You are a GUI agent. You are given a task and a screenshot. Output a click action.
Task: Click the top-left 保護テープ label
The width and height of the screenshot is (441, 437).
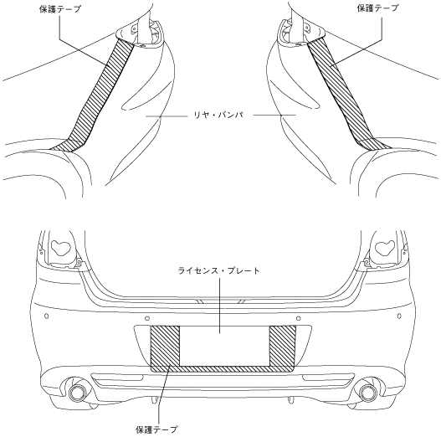pos(60,9)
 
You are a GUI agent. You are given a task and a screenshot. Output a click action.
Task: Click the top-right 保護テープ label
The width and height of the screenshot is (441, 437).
pos(377,8)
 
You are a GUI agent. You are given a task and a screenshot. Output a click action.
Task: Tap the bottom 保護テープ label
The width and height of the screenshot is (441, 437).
pos(156,429)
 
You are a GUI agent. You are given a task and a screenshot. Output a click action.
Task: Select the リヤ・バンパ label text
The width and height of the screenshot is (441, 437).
pos(218,115)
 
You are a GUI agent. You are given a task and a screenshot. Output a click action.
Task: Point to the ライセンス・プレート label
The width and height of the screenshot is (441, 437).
pos(219,270)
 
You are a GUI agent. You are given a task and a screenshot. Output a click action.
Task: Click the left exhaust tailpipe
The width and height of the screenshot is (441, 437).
pos(77,392)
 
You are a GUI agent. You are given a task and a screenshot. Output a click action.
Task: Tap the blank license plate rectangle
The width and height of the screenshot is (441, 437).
pos(224,346)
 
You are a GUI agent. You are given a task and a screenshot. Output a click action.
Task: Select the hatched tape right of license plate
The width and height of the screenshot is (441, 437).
pos(282,346)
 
